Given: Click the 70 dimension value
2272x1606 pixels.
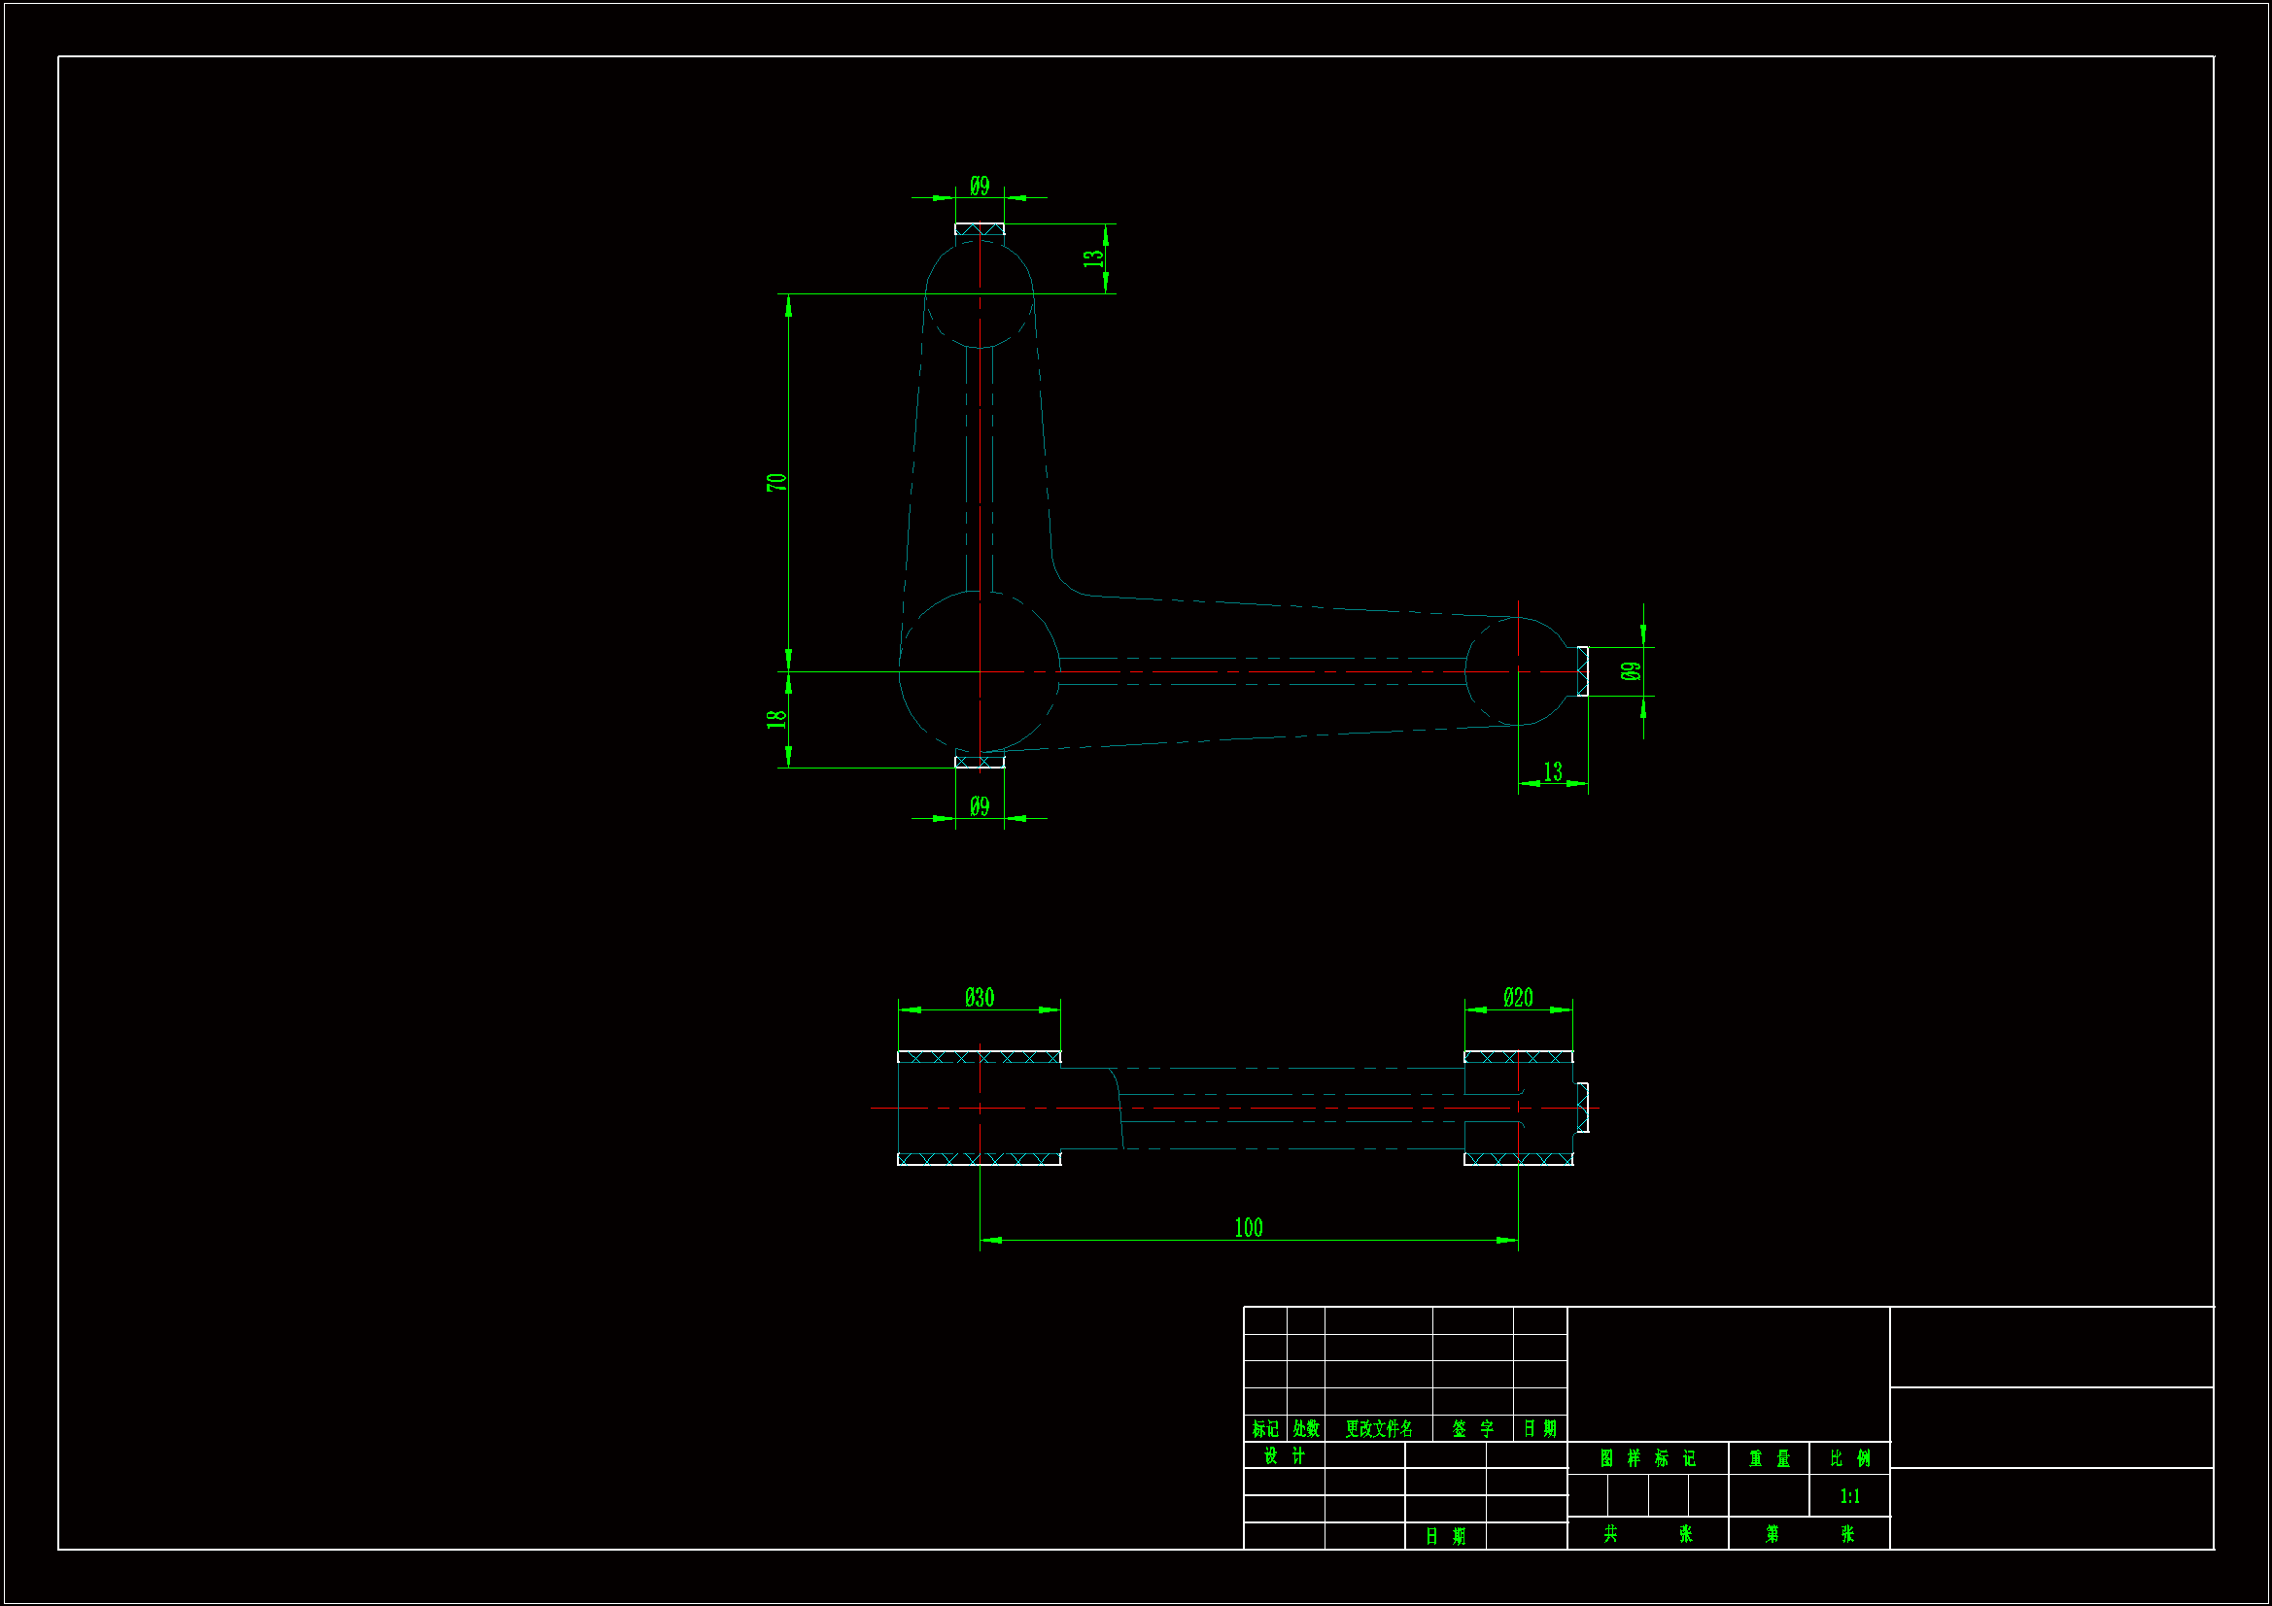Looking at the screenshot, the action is tap(776, 482).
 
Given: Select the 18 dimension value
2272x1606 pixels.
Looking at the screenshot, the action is tap(776, 718).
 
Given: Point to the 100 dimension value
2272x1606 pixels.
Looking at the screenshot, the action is tap(1248, 1228).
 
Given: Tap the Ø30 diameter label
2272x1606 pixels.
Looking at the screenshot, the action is tap(979, 998).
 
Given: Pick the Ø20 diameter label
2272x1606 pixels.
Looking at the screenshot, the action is tap(1517, 998).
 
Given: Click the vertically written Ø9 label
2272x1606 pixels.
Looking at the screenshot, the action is tap(1631, 671).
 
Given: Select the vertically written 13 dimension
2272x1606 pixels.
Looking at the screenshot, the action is tap(1092, 258).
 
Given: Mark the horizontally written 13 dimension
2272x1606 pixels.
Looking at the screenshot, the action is tap(1553, 771).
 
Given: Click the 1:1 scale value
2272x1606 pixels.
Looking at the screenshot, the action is tap(1849, 1496).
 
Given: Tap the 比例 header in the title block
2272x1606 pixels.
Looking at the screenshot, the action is tap(1849, 1458).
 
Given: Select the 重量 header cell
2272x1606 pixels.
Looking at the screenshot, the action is tap(1770, 1458).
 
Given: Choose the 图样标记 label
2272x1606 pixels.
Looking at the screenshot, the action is tap(1647, 1458).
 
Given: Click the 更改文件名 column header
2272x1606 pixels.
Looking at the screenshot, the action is tap(1378, 1429).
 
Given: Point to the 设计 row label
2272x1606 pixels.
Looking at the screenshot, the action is tap(1285, 1456).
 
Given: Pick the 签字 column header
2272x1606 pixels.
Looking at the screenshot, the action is tap(1472, 1429).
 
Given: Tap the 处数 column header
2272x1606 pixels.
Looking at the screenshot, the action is tap(1306, 1429).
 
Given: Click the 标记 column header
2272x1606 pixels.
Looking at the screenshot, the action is tap(1265, 1429).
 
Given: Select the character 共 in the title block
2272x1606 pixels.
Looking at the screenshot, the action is tap(1611, 1534).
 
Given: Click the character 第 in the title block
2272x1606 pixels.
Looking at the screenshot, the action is tap(1772, 1534).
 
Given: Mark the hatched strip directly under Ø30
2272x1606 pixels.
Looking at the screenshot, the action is tap(979, 1057).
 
